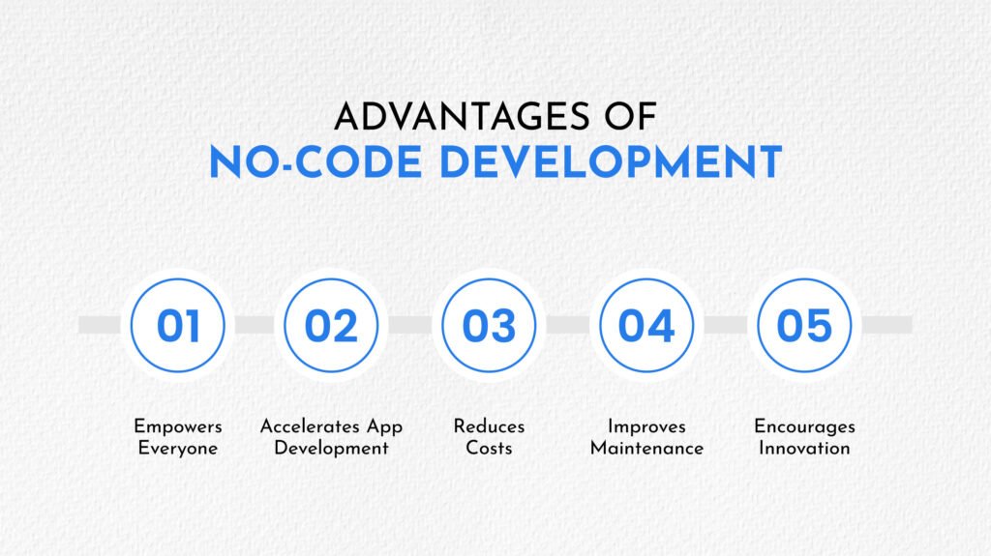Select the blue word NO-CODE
point(315,162)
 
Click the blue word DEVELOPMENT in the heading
point(612,162)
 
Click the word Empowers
point(178,427)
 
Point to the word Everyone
point(178,449)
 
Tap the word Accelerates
point(310,426)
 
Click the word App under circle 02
point(384,427)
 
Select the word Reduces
point(489,426)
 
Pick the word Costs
point(489,448)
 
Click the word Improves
point(646,427)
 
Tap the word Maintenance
point(646,448)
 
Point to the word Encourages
point(804,427)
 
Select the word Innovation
point(804,448)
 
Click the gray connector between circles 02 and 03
point(410,325)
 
